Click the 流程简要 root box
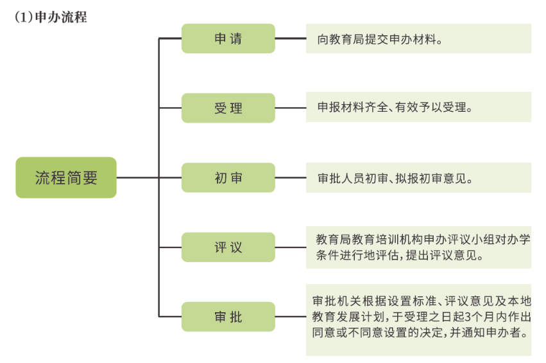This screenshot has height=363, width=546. coord(66,177)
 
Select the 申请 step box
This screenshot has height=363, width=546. coord(228,39)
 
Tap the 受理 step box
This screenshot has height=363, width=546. coord(228,108)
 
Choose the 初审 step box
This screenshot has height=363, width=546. coord(228,177)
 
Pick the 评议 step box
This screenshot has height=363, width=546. coord(228,247)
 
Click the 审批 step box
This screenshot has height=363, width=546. coord(228,317)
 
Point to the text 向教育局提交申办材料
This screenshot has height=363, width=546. coord(380,39)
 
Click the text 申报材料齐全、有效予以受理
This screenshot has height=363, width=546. coord(395,107)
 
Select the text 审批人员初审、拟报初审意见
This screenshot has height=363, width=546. coord(395,177)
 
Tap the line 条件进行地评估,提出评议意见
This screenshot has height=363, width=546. coord(399,255)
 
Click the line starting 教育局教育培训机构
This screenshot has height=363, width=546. coord(423,239)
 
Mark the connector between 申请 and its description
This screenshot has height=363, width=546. coord(290,39)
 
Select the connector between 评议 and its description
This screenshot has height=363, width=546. coord(290,247)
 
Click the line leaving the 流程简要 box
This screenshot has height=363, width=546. coord(137,177)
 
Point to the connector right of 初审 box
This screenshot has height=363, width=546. coord(290,177)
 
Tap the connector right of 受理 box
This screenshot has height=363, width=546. coord(290,108)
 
